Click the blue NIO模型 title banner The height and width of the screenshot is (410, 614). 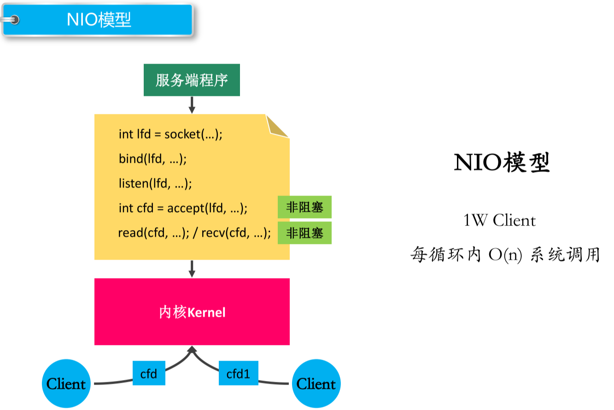pos(99,20)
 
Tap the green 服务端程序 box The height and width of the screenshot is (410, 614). pos(192,80)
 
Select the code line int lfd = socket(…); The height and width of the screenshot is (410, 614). pos(170,134)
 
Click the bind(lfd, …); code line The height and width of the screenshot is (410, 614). pos(152,159)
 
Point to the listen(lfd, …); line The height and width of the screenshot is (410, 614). pos(155,184)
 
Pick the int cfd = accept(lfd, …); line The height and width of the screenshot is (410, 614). pos(183,208)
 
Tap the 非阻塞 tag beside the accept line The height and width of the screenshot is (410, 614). pos(304,208)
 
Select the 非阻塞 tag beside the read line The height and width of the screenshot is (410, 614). pos(304,233)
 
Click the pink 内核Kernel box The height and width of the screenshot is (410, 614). pos(192,312)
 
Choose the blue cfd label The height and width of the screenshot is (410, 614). pos(149,374)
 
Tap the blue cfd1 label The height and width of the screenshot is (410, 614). pos(238,374)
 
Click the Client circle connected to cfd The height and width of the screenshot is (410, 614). pos(66,384)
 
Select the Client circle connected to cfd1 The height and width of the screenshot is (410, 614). pos(316,384)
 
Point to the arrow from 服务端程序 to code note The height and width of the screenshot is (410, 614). pos(192,105)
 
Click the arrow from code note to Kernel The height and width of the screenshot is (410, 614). pos(192,268)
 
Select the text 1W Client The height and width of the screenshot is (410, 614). pos(499,220)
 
